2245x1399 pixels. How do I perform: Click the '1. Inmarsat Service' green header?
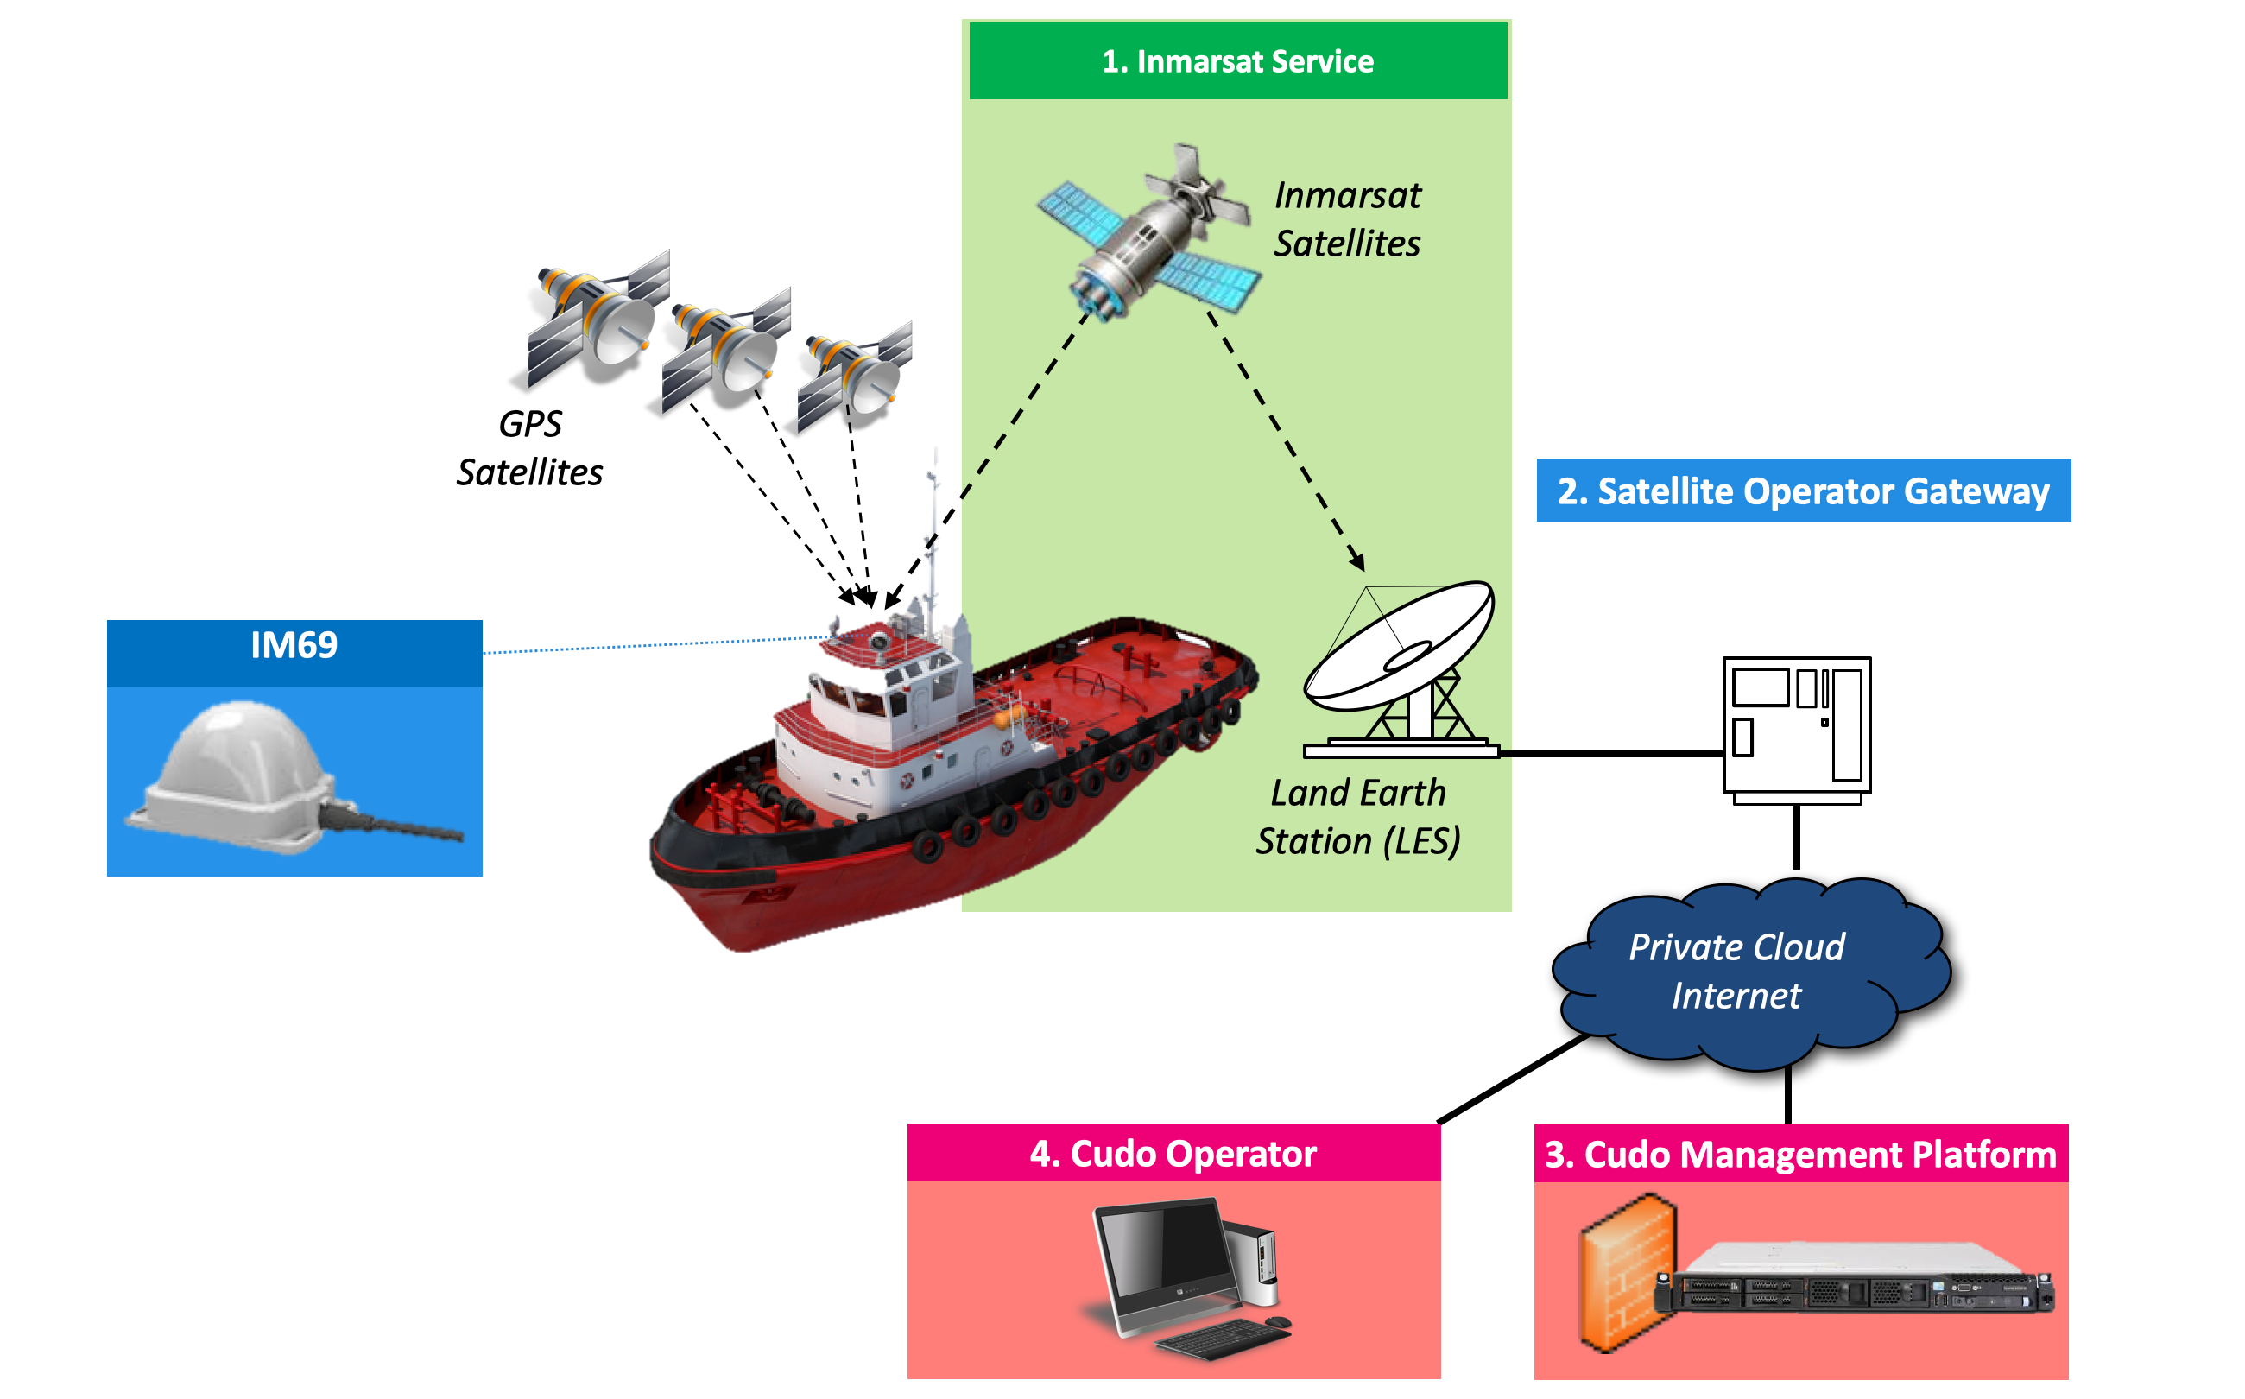click(1236, 61)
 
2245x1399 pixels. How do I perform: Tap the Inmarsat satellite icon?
click(1147, 236)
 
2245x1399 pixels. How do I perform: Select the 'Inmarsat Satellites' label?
click(1347, 219)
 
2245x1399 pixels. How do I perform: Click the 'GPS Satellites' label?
click(529, 448)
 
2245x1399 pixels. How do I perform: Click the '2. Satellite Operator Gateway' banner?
click(1802, 491)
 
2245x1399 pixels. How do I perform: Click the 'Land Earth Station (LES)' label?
click(1357, 817)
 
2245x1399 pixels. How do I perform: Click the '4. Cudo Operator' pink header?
click(1173, 1154)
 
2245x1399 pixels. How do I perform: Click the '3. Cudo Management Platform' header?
click(1800, 1155)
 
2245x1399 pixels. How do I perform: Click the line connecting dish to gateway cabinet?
click(1609, 754)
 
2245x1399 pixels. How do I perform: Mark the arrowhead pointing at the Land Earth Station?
click(1357, 560)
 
